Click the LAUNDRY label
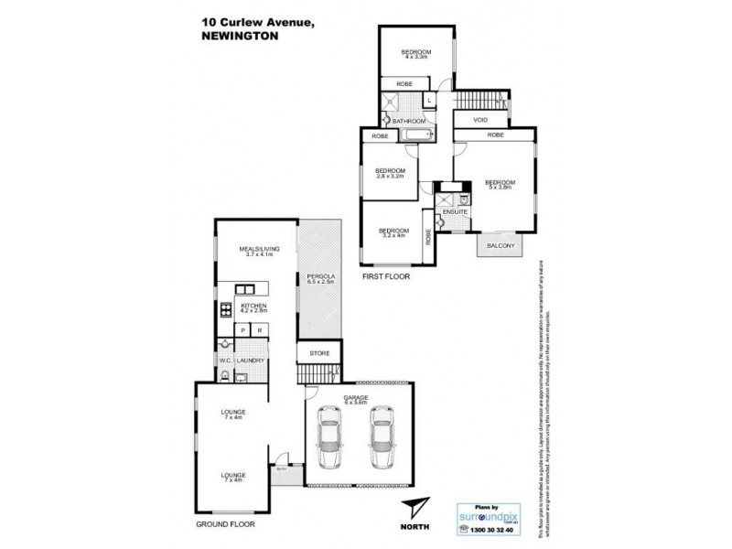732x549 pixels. (x=251, y=361)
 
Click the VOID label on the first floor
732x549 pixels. (x=480, y=120)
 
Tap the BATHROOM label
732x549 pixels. (x=409, y=121)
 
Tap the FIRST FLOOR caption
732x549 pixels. (x=386, y=275)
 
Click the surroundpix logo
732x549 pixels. (x=490, y=515)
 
